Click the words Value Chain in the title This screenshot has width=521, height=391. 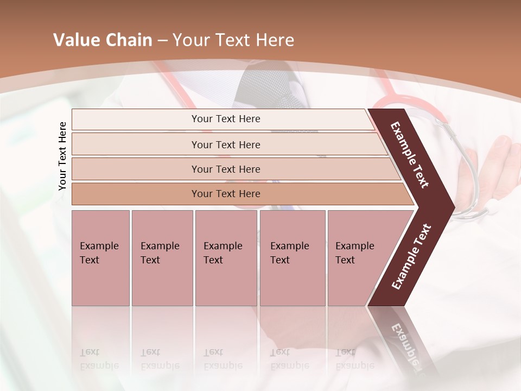click(x=103, y=40)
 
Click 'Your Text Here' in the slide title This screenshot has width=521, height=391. click(x=233, y=40)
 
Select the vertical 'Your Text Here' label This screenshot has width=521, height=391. click(x=62, y=156)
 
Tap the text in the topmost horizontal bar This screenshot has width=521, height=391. click(x=226, y=119)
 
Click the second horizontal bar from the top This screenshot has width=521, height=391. click(x=226, y=144)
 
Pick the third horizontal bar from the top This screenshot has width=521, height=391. click(x=226, y=169)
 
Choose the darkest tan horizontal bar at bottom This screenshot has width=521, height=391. click(x=226, y=194)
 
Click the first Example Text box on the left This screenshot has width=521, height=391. click(x=100, y=258)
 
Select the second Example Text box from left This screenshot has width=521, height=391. click(x=162, y=258)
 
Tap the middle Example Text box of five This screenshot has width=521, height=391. click(x=226, y=258)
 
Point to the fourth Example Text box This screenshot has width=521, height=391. click(x=293, y=258)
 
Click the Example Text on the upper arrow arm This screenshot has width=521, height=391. click(x=410, y=155)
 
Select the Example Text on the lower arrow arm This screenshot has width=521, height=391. click(x=411, y=257)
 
